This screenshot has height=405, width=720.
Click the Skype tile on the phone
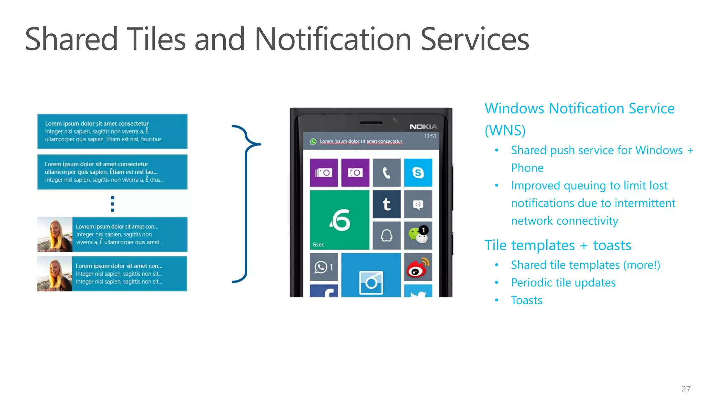tap(418, 173)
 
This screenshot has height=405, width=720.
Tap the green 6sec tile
tap(339, 220)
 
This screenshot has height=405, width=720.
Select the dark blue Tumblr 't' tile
tap(386, 204)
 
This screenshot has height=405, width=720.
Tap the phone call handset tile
tap(386, 173)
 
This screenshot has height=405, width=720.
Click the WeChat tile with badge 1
tap(418, 235)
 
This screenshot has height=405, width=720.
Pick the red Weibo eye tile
tap(418, 267)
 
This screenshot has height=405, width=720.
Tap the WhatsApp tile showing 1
tap(323, 267)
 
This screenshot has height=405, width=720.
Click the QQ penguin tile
tap(386, 235)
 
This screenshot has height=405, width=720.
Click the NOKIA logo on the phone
tap(423, 127)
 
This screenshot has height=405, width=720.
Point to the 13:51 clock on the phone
tap(430, 136)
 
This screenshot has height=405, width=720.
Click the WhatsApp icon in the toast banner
tap(313, 141)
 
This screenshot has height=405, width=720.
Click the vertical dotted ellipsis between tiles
tap(112, 204)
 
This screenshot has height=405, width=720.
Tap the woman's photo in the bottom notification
tap(54, 274)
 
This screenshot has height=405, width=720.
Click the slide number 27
tap(686, 389)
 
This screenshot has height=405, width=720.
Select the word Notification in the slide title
tap(333, 39)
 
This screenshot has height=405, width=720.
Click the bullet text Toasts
tap(526, 300)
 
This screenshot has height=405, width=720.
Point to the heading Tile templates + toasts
tap(558, 245)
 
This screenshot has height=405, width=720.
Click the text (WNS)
tap(505, 130)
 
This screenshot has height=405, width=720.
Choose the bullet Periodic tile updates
tap(563, 283)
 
